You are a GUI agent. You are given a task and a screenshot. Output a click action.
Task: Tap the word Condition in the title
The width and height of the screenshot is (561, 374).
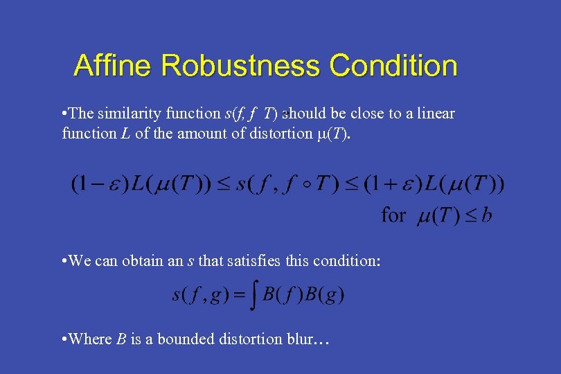coord(393,66)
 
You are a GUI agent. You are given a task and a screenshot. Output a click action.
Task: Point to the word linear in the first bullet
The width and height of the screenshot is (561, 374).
coord(435,114)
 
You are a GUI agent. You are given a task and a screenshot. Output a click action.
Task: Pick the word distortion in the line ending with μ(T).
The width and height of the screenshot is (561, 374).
coord(268,133)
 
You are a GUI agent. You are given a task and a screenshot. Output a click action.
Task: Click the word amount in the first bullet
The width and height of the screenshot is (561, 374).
coord(186,133)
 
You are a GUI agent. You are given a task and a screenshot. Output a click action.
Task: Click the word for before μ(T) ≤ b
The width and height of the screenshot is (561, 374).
coord(394,215)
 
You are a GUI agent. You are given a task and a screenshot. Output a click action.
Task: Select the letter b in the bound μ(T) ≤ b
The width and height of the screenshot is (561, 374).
coord(487,215)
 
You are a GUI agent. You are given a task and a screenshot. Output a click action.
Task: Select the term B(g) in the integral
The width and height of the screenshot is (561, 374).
coord(326,296)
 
